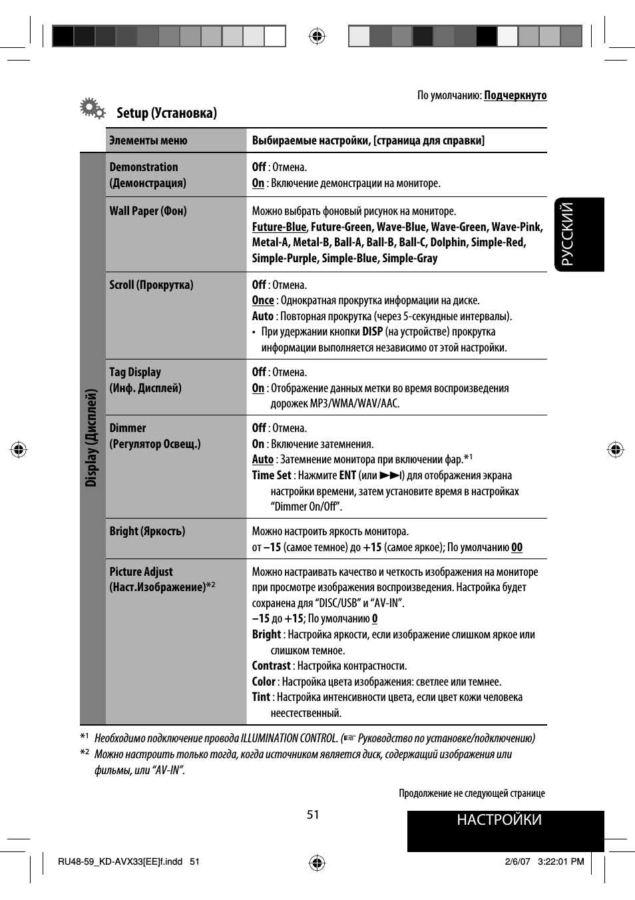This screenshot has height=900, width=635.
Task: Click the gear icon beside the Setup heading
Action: click(x=92, y=109)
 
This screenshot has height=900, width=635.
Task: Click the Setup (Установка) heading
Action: click(x=166, y=113)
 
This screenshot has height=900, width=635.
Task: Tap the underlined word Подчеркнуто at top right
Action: click(x=515, y=95)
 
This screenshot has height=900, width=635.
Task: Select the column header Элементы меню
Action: click(x=148, y=140)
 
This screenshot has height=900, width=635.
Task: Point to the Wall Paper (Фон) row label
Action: click(x=148, y=211)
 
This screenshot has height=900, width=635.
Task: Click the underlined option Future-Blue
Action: click(x=279, y=227)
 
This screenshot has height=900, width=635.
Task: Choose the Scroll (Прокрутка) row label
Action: click(x=151, y=285)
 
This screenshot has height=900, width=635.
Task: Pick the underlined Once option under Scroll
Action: click(x=263, y=301)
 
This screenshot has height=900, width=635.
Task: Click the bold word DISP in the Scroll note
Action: click(x=372, y=332)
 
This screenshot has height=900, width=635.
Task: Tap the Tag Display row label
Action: click(x=135, y=373)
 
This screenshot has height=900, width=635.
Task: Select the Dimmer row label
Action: click(x=128, y=428)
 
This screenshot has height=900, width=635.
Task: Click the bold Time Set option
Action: click(x=272, y=475)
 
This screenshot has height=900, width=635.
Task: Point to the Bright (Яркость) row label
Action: click(x=147, y=531)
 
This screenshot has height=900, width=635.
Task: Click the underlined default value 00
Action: click(x=517, y=548)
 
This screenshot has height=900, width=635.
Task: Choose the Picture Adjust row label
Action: click(x=141, y=572)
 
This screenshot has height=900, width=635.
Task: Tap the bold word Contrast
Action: click(x=271, y=666)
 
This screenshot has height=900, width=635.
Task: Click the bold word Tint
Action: click(x=261, y=697)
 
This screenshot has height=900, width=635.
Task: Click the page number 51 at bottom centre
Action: click(x=313, y=815)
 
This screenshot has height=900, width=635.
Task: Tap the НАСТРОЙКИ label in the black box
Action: click(x=499, y=820)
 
